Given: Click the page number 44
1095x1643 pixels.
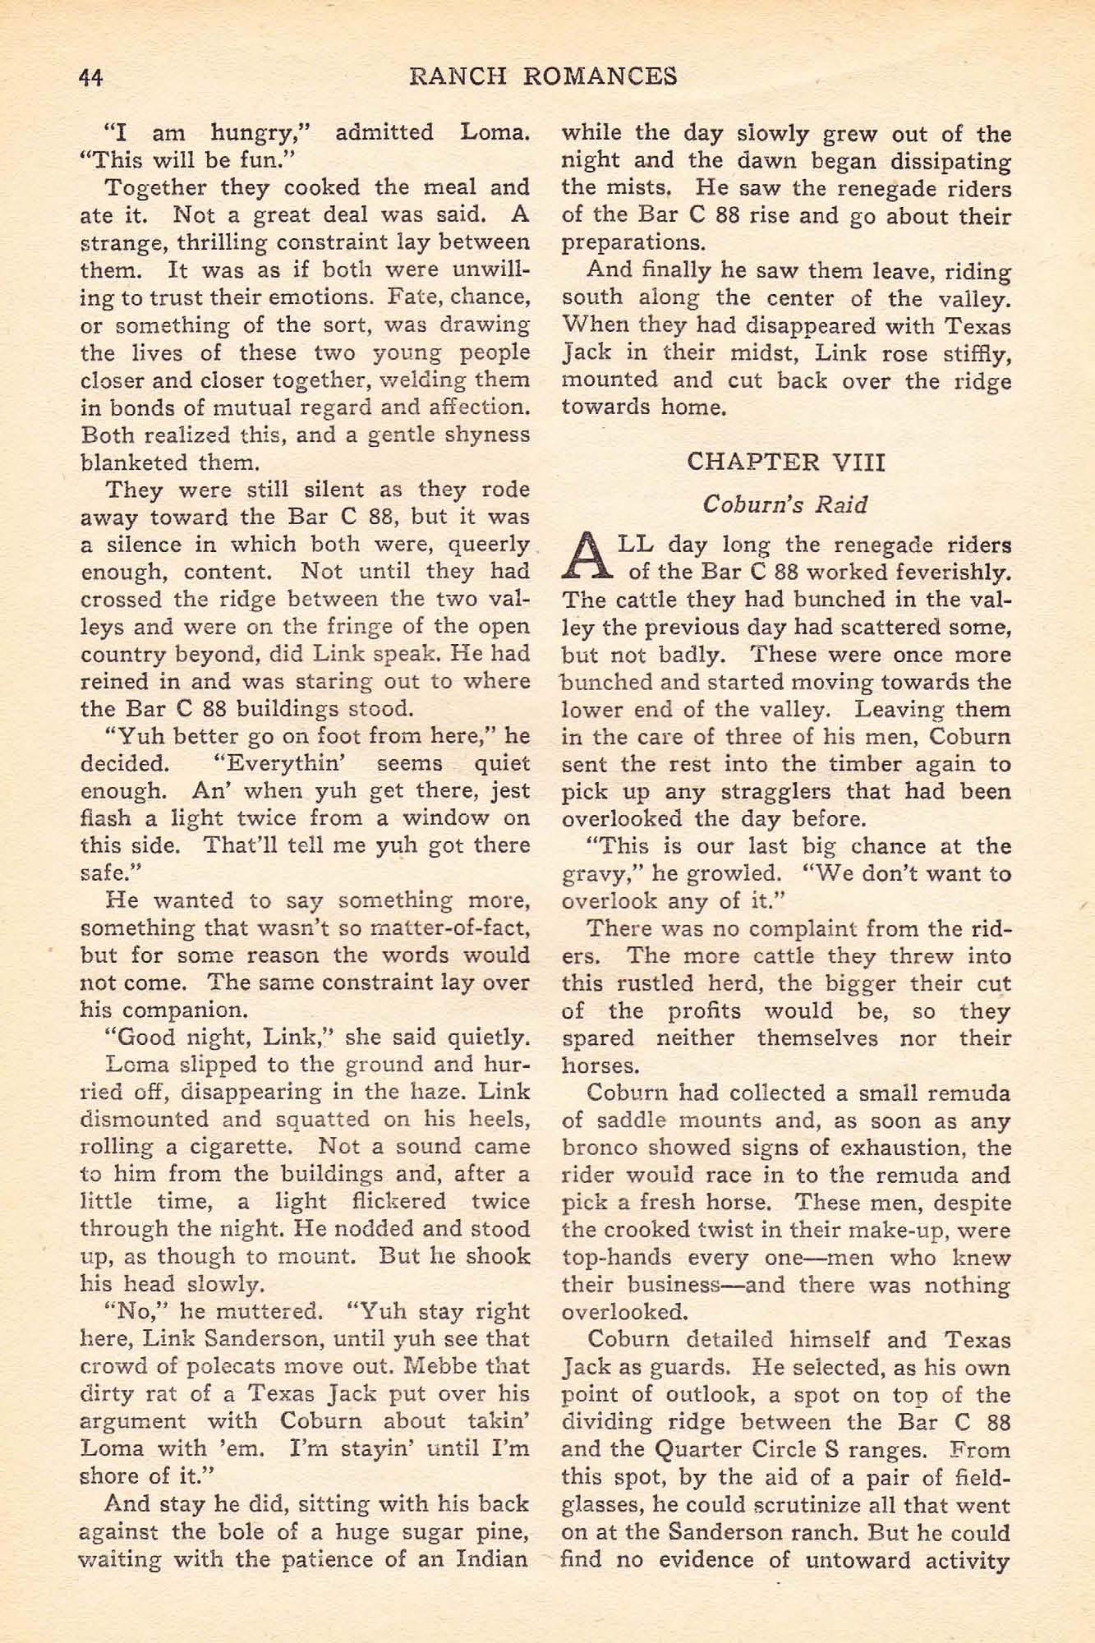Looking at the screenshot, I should point(90,77).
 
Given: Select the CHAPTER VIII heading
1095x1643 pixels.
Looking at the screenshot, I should point(785,462).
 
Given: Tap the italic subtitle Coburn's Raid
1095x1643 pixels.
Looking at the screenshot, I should point(785,504).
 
